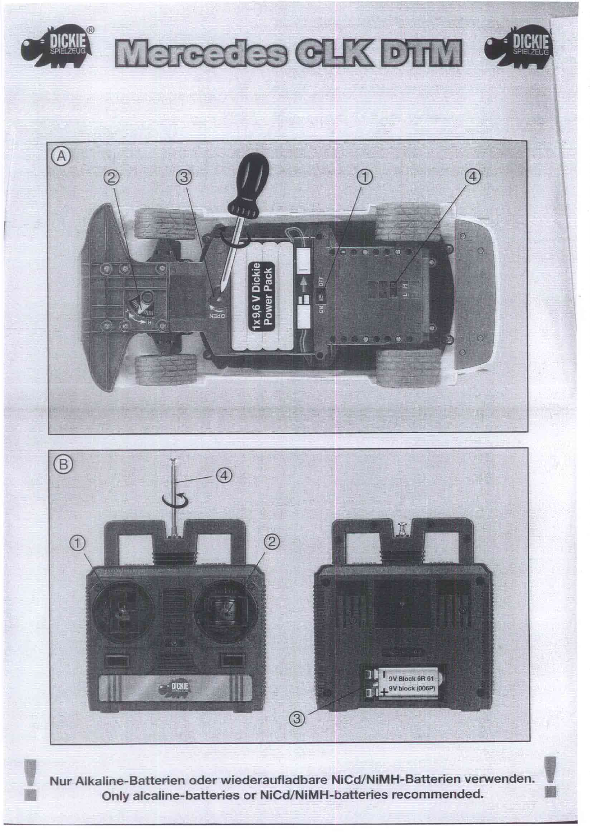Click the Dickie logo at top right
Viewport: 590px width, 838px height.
point(519,46)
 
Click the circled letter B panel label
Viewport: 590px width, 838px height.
point(63,465)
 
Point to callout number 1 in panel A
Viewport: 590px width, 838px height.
point(365,177)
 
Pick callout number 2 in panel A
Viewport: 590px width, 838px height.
point(112,177)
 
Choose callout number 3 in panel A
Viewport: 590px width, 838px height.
point(184,177)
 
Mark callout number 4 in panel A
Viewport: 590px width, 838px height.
point(473,177)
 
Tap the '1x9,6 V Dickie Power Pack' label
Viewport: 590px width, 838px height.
point(262,297)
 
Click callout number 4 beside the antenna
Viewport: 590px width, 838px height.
point(224,475)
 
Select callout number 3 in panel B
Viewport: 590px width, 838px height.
point(297,718)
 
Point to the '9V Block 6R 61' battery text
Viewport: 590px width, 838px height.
point(411,678)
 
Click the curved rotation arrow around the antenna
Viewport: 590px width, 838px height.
point(175,502)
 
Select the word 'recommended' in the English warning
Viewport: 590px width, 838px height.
point(437,794)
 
